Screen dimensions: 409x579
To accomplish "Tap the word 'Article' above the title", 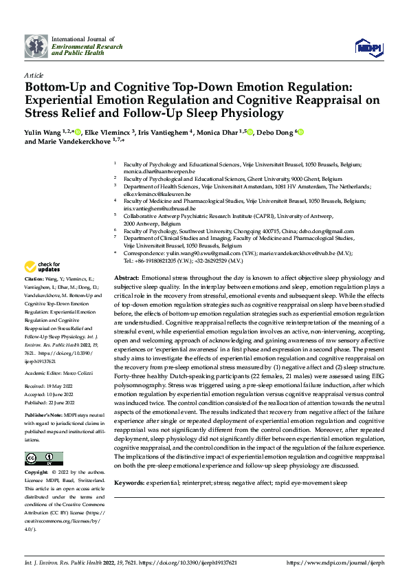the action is coord(34,75).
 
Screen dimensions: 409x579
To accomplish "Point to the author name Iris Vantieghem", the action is coord(168,131).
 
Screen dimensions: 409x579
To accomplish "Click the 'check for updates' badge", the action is coord(43,266).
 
